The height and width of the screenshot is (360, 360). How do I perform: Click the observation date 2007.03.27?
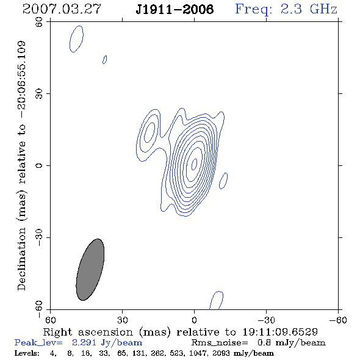click(62, 9)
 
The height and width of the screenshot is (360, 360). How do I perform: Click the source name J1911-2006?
click(175, 9)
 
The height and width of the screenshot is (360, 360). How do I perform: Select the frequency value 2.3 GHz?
click(309, 9)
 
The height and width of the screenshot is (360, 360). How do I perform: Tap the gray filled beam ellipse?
click(90, 270)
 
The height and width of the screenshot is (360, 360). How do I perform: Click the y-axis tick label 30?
click(39, 94)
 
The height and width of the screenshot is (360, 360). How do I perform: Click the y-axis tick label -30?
click(39, 237)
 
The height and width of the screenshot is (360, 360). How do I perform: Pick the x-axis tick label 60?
click(50, 320)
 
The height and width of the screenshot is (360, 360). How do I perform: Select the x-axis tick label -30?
click(267, 320)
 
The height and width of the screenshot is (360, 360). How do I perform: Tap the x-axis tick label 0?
click(194, 320)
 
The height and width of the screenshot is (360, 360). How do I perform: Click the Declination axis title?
click(21, 165)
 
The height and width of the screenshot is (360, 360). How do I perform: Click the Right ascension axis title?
click(181, 332)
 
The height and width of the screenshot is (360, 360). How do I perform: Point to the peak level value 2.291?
click(84, 342)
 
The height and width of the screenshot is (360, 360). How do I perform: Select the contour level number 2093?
click(221, 353)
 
